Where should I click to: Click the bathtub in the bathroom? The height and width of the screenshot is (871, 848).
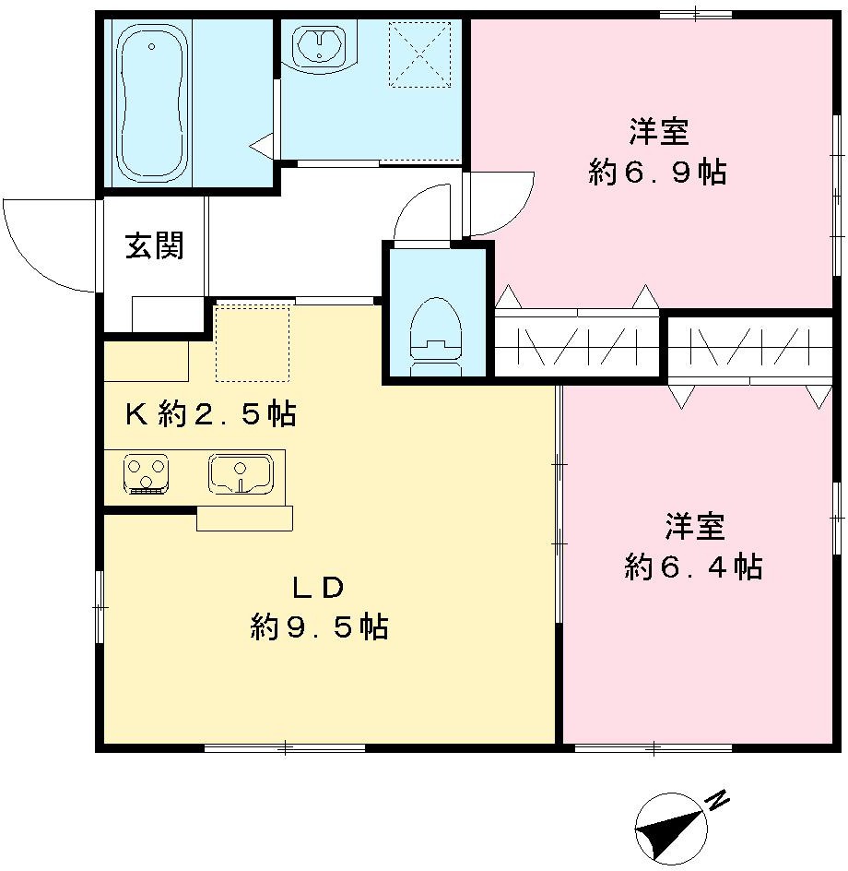coord(153,104)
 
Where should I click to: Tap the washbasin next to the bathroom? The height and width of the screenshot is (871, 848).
coord(319,45)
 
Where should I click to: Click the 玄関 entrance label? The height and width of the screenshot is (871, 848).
coord(155,246)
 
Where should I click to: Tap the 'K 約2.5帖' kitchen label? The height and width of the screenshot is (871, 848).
coord(211,415)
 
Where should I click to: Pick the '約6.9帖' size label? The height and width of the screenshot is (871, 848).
coord(657,173)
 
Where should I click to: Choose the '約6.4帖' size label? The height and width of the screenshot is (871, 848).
coord(693,567)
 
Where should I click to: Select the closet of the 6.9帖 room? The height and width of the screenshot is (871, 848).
coord(578,346)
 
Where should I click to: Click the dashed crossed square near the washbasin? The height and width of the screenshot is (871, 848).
coord(418,54)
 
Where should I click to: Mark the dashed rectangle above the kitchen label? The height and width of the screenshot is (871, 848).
coord(253,342)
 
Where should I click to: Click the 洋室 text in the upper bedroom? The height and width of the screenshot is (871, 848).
coord(659,132)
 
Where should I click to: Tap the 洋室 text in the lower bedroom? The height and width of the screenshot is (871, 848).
coord(694,527)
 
